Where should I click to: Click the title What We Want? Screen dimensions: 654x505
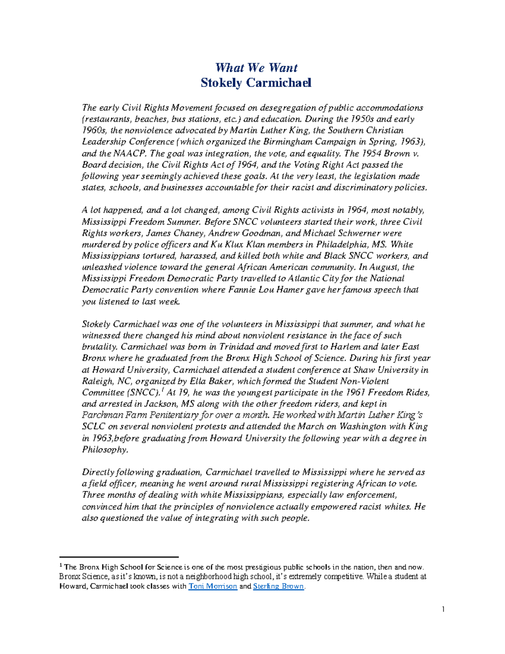point(256,68)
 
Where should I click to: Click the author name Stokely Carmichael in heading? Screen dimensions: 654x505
point(256,83)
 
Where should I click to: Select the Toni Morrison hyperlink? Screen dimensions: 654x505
point(213,586)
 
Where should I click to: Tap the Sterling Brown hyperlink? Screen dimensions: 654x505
point(278,586)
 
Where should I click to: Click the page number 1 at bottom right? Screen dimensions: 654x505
point(443,609)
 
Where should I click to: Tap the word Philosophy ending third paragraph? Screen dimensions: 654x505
point(104,449)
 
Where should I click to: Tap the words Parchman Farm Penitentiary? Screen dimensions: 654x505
point(140,415)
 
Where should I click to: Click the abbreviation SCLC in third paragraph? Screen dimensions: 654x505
point(93,427)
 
